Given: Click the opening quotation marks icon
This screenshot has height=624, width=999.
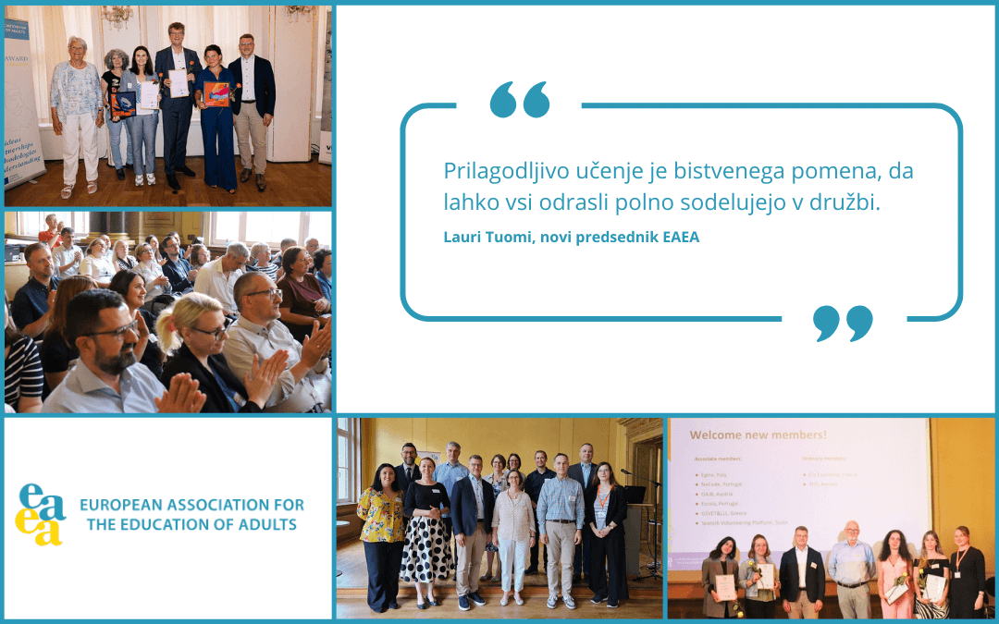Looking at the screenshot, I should pos(520,99).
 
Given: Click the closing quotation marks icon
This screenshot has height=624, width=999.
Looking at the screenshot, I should pos(843,323).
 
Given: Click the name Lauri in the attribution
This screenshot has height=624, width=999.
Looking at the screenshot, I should pos(463,238).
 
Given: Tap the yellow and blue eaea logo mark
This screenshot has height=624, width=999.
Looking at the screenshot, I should pos(42,514).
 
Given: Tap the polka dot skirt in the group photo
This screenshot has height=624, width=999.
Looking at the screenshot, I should pos(426,549).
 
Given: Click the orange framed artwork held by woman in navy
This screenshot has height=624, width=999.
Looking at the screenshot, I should pos(216,94).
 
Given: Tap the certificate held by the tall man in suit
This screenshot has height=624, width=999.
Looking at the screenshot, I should pos(178,82).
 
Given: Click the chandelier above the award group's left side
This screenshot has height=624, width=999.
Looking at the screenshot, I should pos(117,14).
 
